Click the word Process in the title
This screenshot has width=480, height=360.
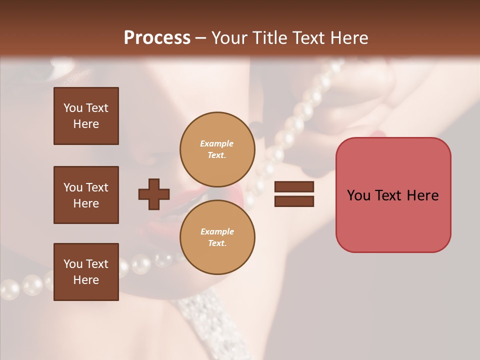click(x=157, y=38)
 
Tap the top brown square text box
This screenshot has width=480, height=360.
click(x=86, y=116)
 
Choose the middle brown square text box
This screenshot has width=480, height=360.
click(x=86, y=195)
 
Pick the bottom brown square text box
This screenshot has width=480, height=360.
click(x=86, y=272)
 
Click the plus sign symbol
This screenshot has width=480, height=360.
click(x=154, y=194)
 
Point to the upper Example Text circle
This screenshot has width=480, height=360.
click(x=217, y=149)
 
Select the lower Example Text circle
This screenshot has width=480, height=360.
click(x=217, y=237)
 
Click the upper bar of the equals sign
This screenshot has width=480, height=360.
click(x=294, y=186)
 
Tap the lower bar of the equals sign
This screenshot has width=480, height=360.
click(x=294, y=201)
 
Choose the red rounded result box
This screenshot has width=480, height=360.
click(x=393, y=195)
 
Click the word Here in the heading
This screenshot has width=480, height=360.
click(x=348, y=38)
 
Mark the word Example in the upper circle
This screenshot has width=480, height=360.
click(x=217, y=143)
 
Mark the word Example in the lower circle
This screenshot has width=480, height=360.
click(x=217, y=231)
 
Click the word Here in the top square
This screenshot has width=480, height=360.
click(x=86, y=124)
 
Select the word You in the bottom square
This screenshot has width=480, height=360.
click(x=73, y=264)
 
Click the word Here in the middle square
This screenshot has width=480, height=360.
click(x=86, y=203)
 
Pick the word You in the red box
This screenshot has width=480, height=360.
click(x=358, y=195)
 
